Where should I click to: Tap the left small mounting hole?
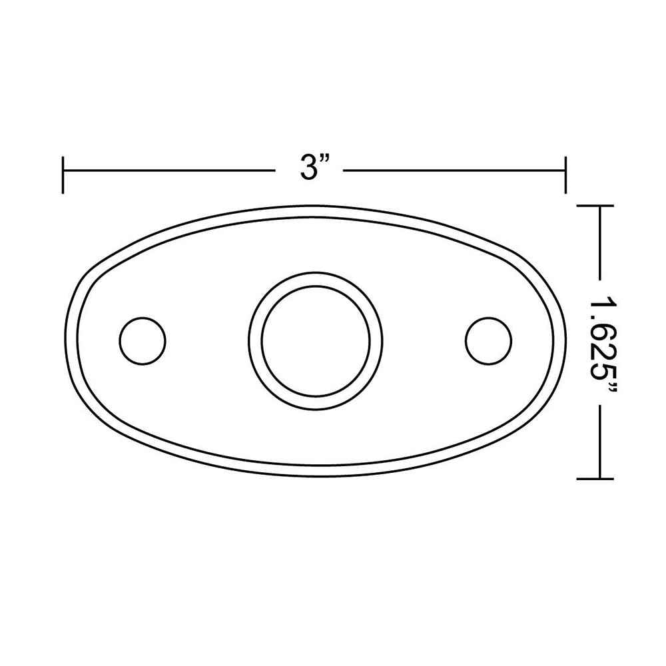tap(142, 340)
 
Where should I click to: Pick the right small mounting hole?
tap(489, 340)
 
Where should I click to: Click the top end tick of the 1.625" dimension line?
tap(594, 206)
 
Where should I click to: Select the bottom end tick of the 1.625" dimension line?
tap(594, 478)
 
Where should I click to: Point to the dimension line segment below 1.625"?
tap(601, 443)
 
